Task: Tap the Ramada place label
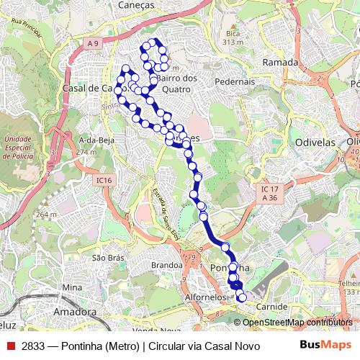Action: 280,63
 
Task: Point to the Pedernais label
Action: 235,82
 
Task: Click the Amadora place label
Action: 75,312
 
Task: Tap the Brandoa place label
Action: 167,265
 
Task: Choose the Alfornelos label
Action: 207,297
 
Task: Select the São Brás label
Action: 108,258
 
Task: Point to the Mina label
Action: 72,287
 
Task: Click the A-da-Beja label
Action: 93,140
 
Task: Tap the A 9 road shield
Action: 92,45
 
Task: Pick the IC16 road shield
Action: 104,180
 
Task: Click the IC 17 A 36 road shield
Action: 269,192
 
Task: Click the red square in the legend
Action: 10,345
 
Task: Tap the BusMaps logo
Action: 325,345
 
